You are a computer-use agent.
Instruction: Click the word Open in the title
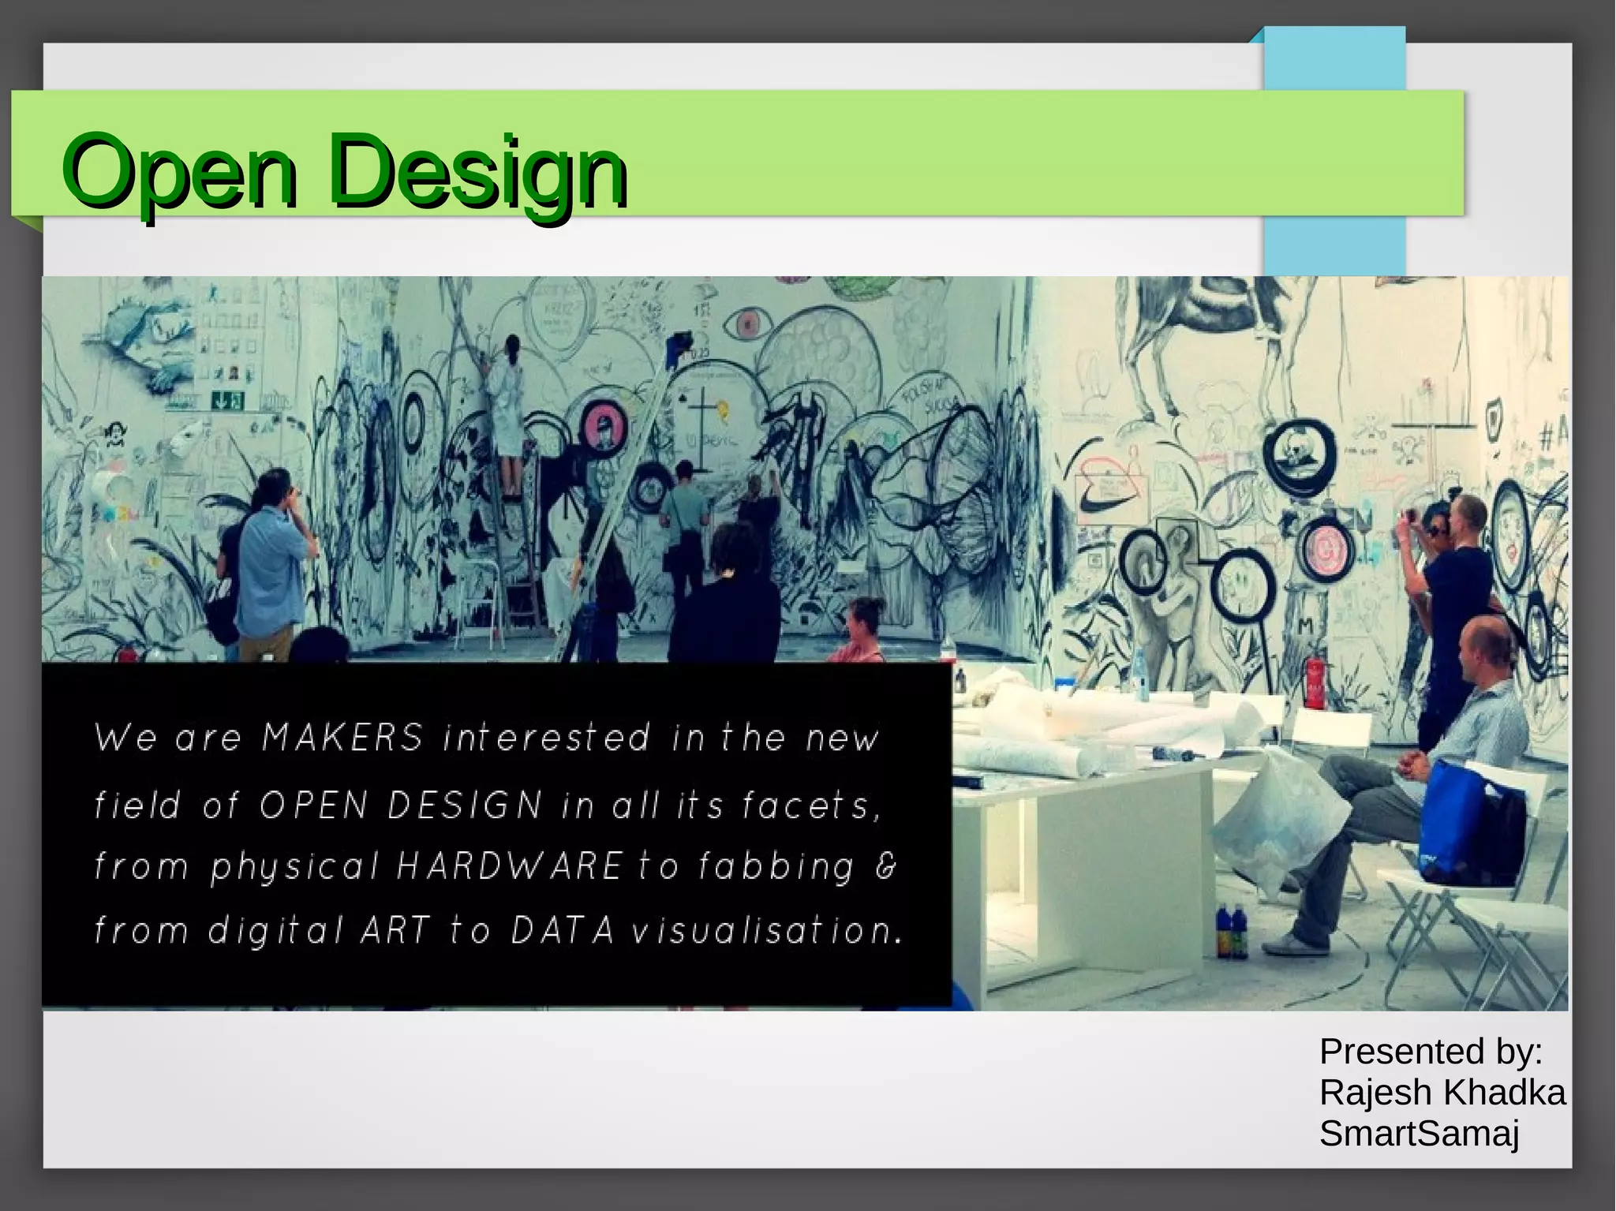(180, 172)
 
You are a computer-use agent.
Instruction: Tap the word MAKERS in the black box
(342, 738)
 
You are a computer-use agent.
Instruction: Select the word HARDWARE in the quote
(510, 866)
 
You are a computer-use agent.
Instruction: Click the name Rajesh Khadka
(1442, 1093)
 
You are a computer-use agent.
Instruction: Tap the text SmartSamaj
(1419, 1134)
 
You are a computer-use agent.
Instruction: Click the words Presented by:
(1430, 1052)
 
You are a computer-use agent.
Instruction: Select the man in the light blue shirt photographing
(271, 560)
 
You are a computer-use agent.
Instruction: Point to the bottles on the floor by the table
(1232, 933)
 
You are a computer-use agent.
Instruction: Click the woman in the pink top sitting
(860, 631)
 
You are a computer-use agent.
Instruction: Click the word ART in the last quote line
(395, 931)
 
